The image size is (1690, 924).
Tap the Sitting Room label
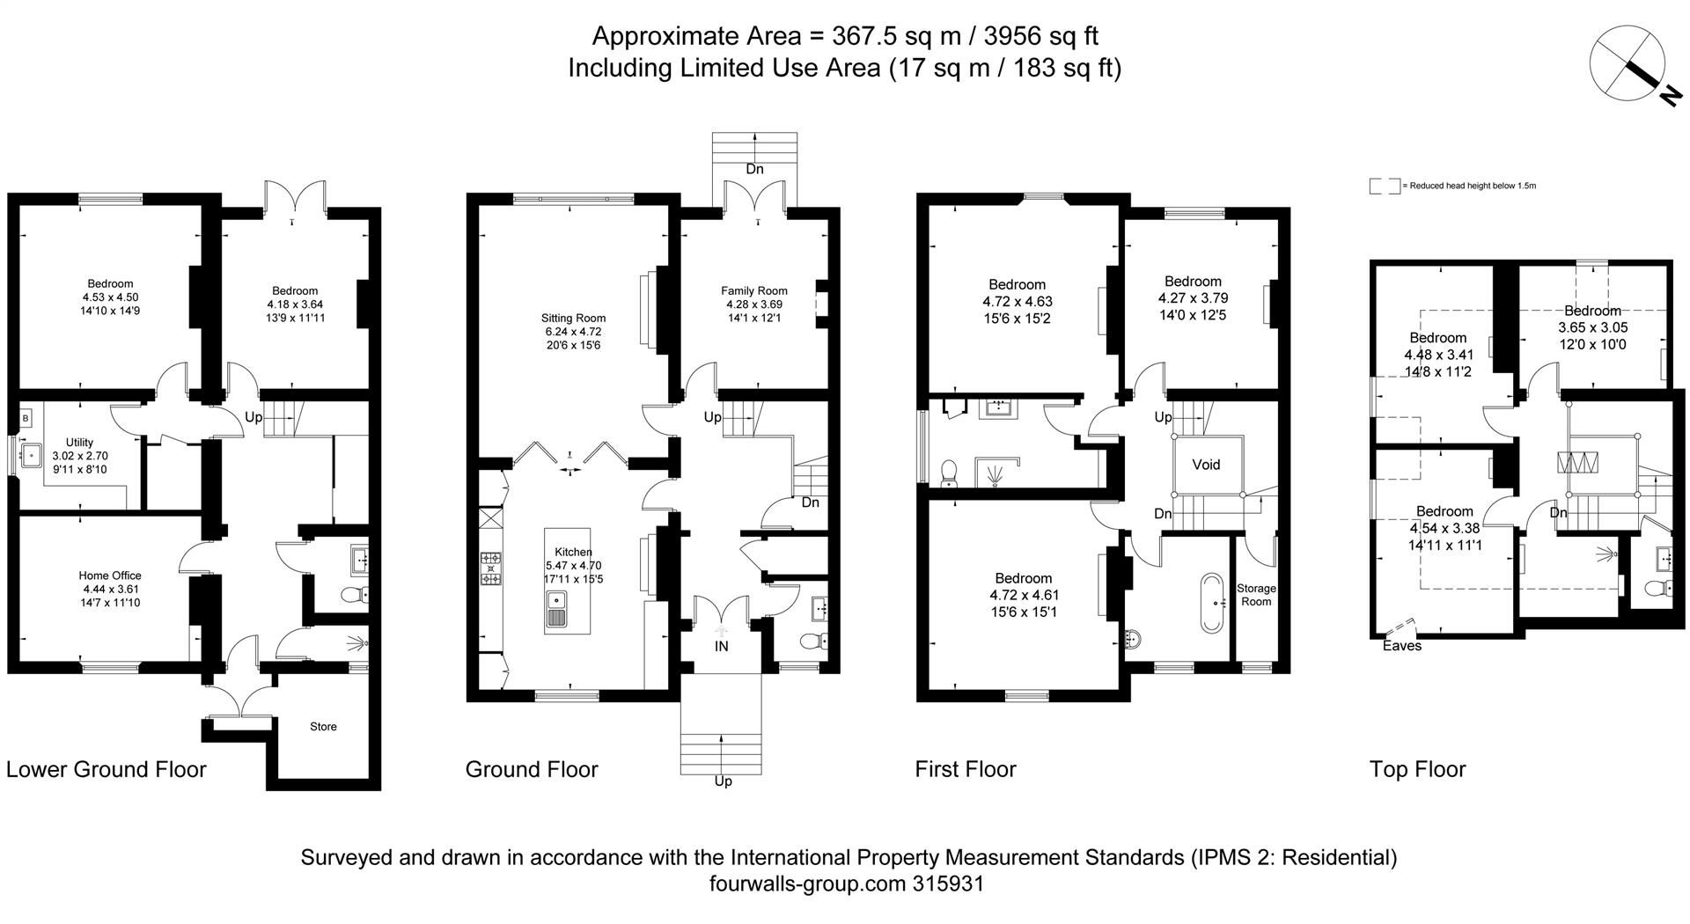click(573, 319)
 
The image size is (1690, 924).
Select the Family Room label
click(753, 290)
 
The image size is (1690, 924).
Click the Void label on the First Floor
click(1206, 465)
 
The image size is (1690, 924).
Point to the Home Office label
click(110, 576)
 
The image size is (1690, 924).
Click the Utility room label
click(79, 443)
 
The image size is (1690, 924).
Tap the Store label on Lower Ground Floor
click(323, 727)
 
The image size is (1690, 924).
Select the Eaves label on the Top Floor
click(1401, 646)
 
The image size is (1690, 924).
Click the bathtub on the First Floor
click(1212, 604)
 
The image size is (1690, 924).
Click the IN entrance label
click(721, 647)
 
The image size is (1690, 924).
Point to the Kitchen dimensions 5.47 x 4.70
click(573, 566)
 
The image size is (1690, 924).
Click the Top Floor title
click(1417, 769)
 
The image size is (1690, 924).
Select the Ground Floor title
click(532, 769)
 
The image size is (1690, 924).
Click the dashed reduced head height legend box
click(1384, 187)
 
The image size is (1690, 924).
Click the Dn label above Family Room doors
click(754, 169)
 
